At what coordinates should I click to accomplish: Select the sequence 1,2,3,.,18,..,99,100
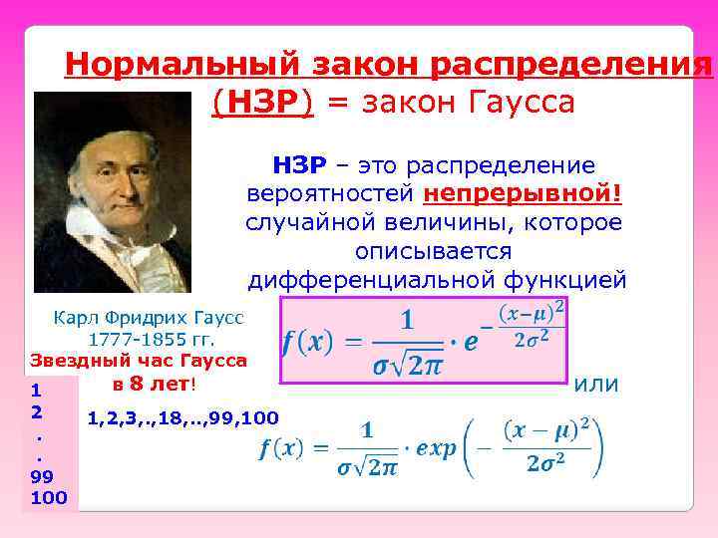point(183,415)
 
